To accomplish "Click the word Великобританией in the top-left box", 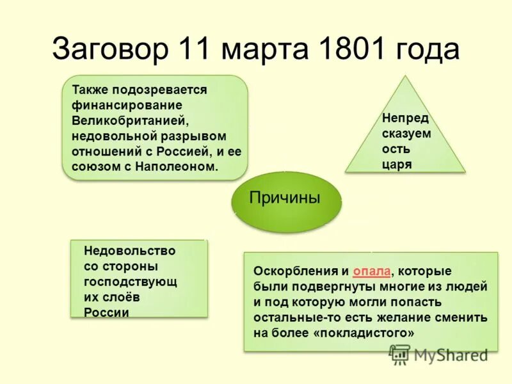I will tap(129, 120).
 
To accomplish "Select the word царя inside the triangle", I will tap(397, 164).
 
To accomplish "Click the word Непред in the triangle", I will tap(405, 118).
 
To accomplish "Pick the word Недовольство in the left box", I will tap(129, 251).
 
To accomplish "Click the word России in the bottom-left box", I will tap(106, 312).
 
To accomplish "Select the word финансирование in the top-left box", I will tap(127, 105).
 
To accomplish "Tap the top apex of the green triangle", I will tap(404, 77).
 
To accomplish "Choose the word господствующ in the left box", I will tap(131, 282).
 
